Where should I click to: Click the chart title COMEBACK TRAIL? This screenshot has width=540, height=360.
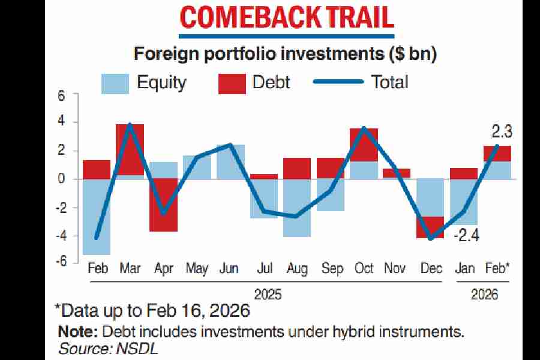coord(287,17)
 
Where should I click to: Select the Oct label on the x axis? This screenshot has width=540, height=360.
coord(364,268)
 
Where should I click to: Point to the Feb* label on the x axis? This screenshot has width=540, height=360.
coord(497,268)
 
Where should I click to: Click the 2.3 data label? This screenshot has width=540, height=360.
coord(499,131)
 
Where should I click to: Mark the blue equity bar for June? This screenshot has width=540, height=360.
coord(231,161)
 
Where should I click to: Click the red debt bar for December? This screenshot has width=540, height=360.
coord(430,227)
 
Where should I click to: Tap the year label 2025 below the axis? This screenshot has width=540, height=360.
coord(268,295)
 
